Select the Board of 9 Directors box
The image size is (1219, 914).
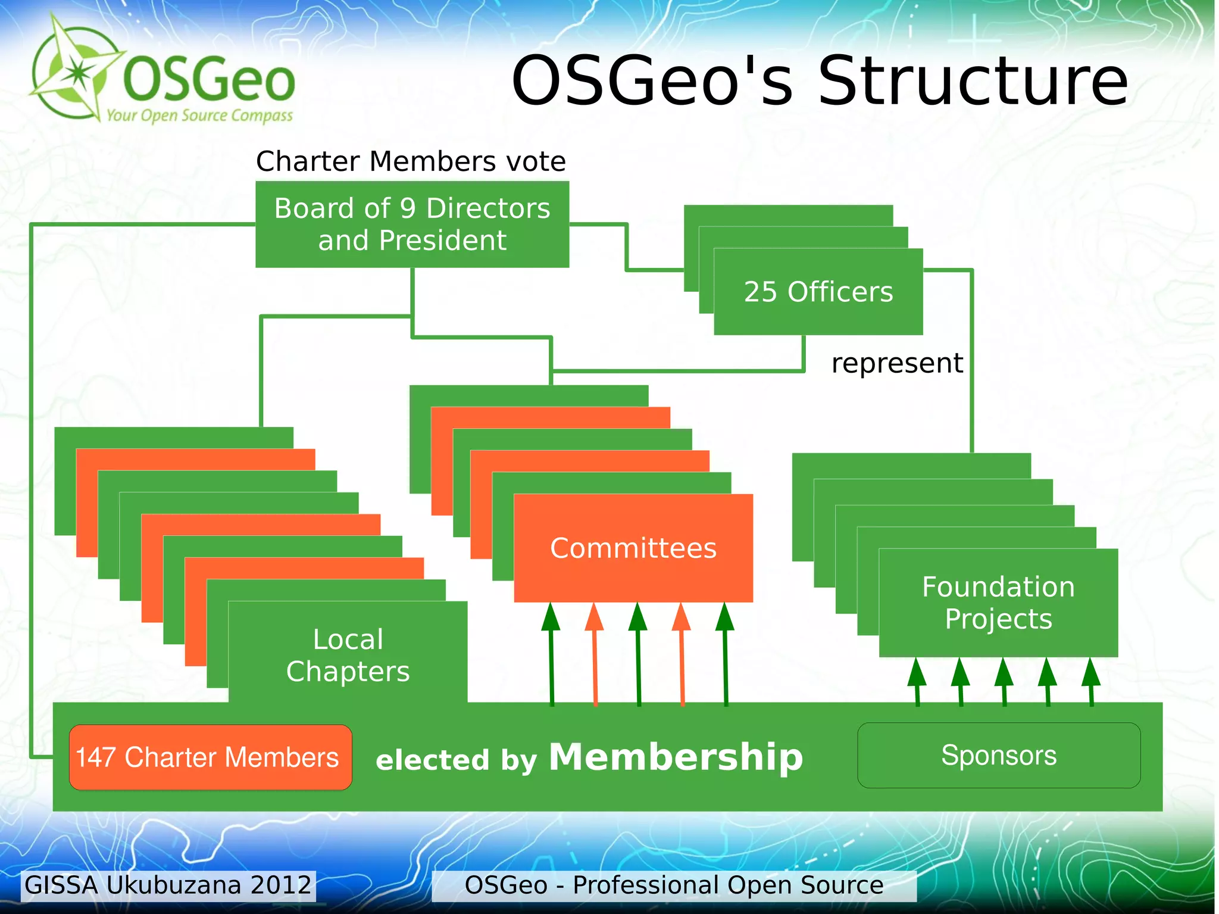pos(412,224)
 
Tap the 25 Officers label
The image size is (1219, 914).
pos(818,292)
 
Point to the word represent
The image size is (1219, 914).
pos(897,363)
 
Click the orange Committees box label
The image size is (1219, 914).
pos(633,548)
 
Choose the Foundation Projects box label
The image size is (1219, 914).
pos(998,603)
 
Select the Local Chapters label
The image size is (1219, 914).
pos(348,655)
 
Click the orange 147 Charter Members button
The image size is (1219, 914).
pos(210,757)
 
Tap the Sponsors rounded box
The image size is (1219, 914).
pos(998,755)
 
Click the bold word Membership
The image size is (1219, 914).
pos(676,757)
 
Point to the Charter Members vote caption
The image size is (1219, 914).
pos(411,161)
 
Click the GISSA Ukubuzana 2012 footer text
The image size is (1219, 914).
pos(168,885)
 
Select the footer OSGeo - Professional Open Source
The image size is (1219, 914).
pos(673,885)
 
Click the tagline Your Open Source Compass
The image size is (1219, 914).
pos(199,115)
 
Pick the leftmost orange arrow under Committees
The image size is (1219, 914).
pos(595,655)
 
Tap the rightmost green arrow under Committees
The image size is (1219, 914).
pos(725,655)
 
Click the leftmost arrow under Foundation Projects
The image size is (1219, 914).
pos(917,682)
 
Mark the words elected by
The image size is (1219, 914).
pos(456,760)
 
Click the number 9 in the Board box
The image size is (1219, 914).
pos(408,208)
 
